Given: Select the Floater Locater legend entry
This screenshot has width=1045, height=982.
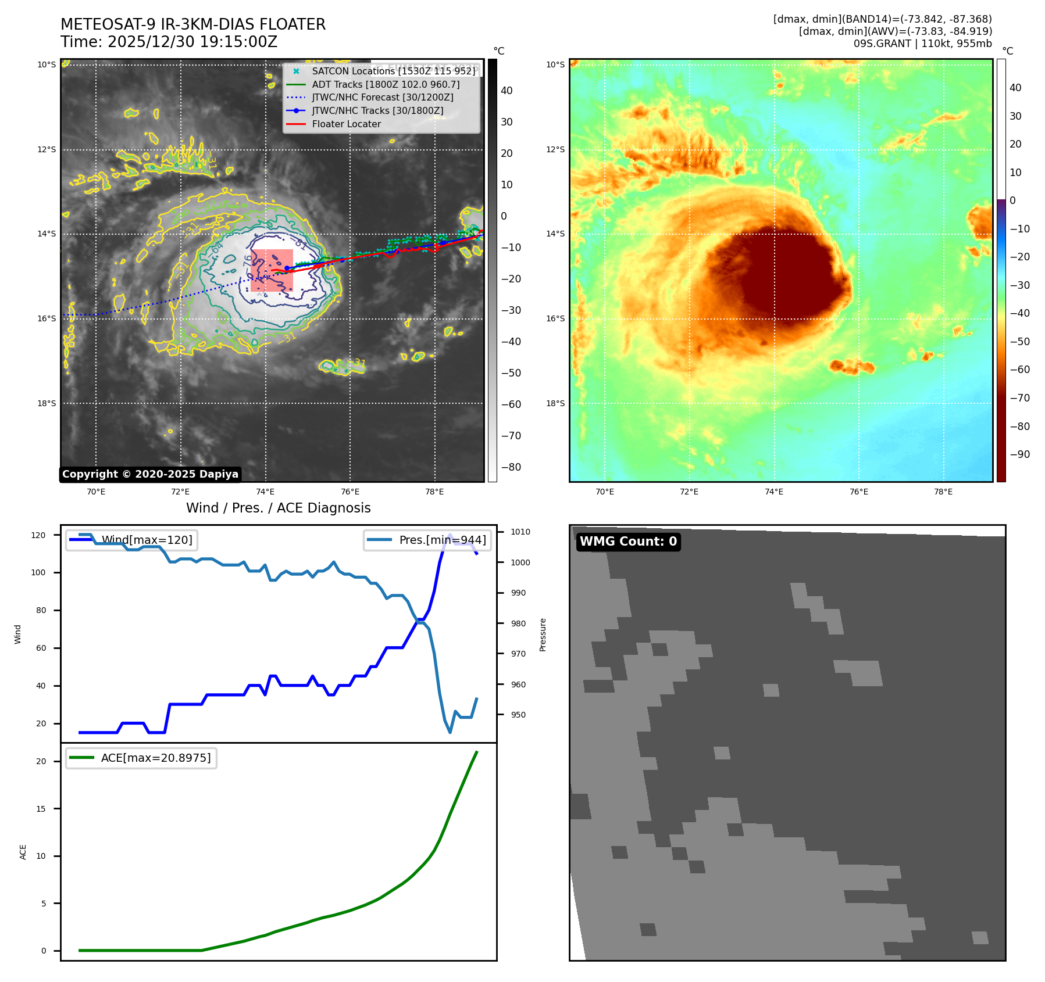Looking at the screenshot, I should point(346,124).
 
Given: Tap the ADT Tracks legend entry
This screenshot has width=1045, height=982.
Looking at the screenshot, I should point(386,84).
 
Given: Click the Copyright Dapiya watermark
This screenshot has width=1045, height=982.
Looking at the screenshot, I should point(150,474).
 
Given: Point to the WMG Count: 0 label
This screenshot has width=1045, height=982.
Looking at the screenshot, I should point(628,542).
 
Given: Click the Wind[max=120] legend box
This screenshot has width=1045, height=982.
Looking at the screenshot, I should point(131,540).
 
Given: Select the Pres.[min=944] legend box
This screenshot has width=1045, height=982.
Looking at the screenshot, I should point(427,540).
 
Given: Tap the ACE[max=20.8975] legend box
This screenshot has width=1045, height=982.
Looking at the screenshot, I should point(141,758).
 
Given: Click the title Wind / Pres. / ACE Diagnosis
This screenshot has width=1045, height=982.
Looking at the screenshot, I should point(278,508).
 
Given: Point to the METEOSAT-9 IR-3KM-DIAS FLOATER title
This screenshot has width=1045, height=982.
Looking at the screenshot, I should point(193,24).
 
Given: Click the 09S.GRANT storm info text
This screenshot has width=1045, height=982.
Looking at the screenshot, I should point(922,44).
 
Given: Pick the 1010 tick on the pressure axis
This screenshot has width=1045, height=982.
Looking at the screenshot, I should point(520,532).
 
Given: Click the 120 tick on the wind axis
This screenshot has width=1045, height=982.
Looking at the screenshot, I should point(38,535).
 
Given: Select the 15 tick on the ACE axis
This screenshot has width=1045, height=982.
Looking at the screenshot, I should point(41,809).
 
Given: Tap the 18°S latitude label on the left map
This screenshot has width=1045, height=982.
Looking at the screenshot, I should point(47,403).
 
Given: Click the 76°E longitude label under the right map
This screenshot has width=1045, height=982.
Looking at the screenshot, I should point(858,492).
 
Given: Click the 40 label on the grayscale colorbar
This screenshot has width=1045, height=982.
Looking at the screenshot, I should point(507,91).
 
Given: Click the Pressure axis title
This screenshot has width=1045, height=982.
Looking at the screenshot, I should point(543,635).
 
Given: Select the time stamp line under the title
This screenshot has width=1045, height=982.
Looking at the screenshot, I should point(169,42).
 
